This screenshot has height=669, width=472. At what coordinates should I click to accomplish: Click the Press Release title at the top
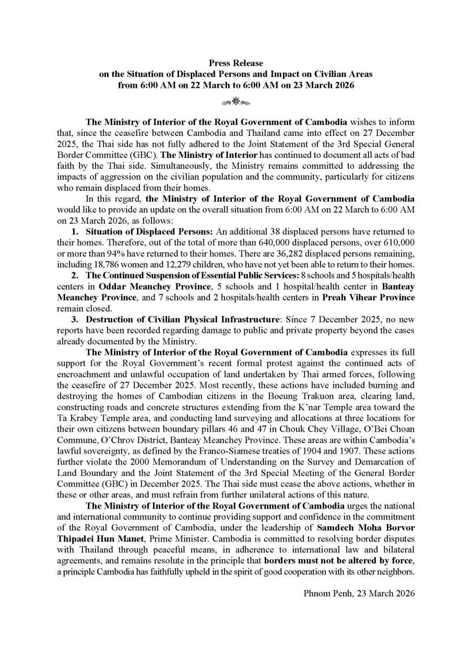[236, 63]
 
